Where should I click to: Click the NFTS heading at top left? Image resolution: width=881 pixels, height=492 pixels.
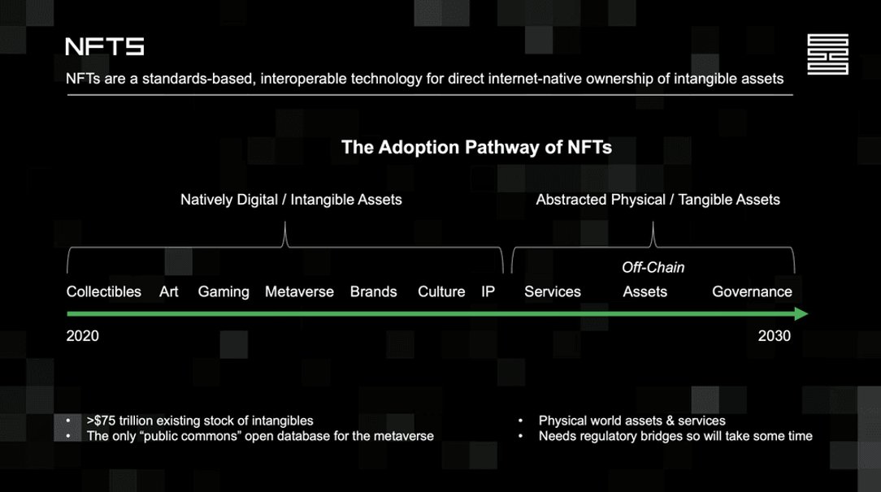tap(105, 46)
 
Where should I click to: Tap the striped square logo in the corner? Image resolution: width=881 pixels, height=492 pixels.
tap(827, 54)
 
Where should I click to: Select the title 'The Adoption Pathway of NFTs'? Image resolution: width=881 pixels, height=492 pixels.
tap(476, 148)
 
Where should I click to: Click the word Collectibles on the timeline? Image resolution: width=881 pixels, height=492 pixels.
tap(104, 291)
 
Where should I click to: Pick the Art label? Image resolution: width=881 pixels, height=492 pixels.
tap(168, 291)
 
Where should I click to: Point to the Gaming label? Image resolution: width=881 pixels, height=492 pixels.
tap(224, 292)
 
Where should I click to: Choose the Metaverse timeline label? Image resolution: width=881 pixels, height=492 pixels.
tap(299, 291)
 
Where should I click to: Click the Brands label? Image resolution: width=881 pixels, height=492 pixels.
tap(374, 291)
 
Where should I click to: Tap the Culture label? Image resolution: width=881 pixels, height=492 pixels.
tap(441, 291)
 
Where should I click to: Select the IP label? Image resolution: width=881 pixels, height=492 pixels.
tap(488, 291)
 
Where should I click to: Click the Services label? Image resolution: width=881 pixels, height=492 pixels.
tap(553, 291)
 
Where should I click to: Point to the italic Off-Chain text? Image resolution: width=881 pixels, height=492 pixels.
tap(653, 268)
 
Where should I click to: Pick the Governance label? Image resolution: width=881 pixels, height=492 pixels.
tap(753, 291)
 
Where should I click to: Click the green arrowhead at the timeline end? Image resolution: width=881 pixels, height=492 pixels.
tap(801, 313)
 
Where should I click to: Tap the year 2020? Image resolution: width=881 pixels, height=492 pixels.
tap(83, 336)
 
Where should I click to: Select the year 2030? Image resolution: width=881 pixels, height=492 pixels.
tap(775, 336)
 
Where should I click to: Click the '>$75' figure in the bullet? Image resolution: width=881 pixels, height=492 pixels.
tap(101, 421)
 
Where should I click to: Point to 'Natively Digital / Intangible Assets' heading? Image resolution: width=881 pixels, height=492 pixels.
tap(291, 200)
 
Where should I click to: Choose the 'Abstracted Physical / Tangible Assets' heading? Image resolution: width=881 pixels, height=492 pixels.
tap(658, 200)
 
